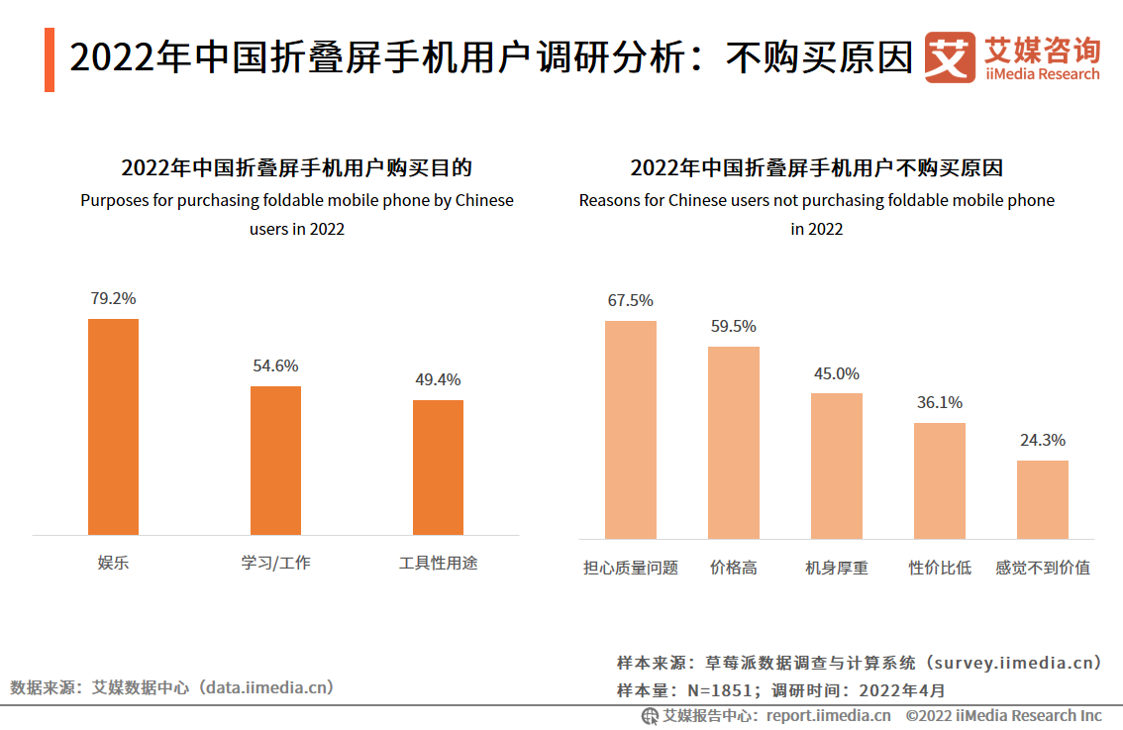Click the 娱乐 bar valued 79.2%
tap(113, 427)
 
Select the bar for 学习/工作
tap(275, 461)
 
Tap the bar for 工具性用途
tap(438, 468)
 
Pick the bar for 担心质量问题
tap(631, 430)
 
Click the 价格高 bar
tap(734, 443)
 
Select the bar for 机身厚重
tap(837, 466)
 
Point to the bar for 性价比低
tap(940, 480)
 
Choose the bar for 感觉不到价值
tap(1043, 499)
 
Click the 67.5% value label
tap(631, 301)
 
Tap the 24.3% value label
tap(1043, 441)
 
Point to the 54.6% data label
tap(275, 366)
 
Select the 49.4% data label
tap(438, 380)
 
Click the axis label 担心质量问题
tap(631, 569)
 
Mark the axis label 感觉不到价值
tap(1043, 569)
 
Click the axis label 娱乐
tap(113, 564)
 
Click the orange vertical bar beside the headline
tap(50, 60)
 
